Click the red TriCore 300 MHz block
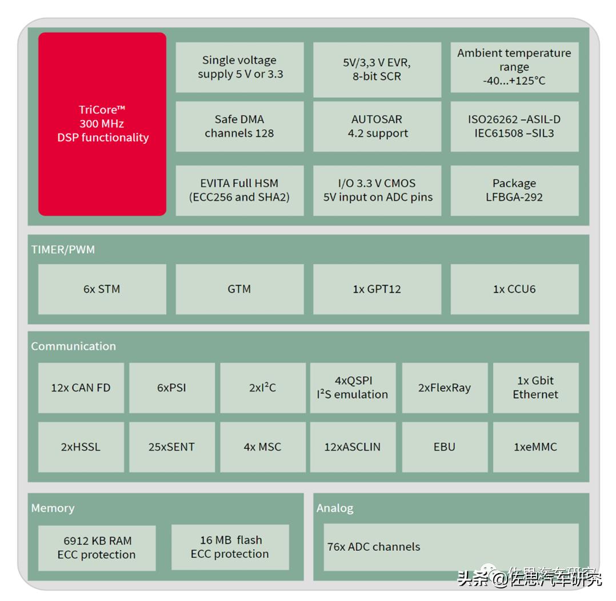coord(102,124)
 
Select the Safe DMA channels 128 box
coord(239,127)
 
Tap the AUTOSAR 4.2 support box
coord(377,127)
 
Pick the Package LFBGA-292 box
coord(514,191)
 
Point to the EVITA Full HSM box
coord(239,191)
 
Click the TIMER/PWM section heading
coord(63,249)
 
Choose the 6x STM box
coord(102,289)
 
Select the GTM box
coord(239,289)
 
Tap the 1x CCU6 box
coord(514,289)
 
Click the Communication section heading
coord(73,346)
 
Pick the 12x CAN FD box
coord(81,388)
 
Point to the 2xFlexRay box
coord(445,388)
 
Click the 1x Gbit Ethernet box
coord(535,388)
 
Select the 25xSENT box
coord(171,447)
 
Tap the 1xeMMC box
coord(535,447)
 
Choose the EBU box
coord(445,447)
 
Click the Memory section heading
coord(53,508)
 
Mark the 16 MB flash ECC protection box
coord(230,547)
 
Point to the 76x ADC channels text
coord(374,547)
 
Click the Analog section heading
coord(335,508)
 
